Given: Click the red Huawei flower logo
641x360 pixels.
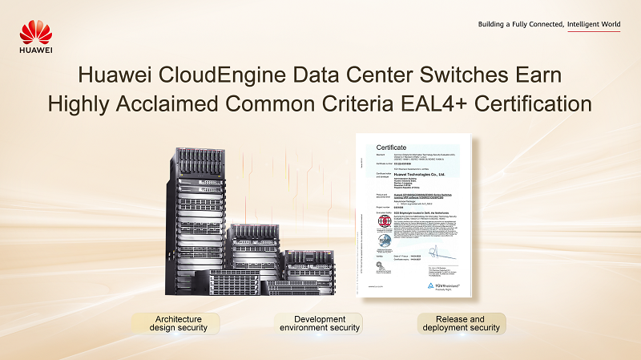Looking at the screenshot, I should tap(36, 32).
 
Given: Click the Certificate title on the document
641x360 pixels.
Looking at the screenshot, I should tap(393, 148).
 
